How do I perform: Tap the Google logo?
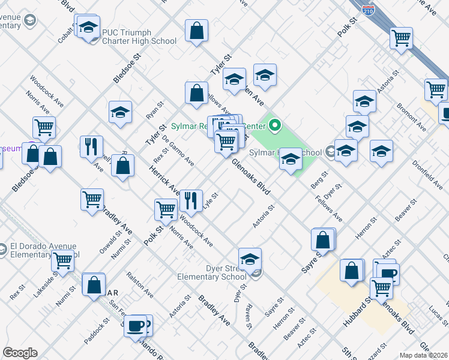point(20,352)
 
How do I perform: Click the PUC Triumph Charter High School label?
point(139,37)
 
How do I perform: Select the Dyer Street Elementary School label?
point(211,272)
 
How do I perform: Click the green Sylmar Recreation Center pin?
point(276,125)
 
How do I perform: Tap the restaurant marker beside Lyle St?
point(191,201)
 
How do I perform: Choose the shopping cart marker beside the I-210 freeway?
point(401,38)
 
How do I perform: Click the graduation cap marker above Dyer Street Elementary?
point(250,259)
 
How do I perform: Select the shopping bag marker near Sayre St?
point(323,239)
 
